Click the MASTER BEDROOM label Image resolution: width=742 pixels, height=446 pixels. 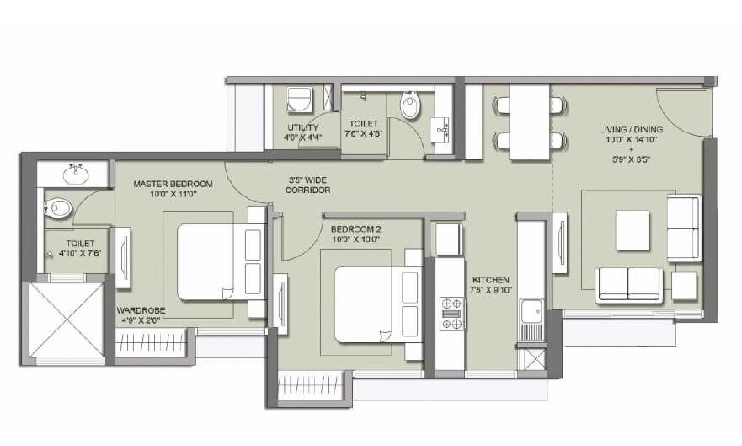click(173, 183)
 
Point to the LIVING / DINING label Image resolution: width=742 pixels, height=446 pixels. click(631, 129)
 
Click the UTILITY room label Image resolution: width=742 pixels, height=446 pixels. click(302, 127)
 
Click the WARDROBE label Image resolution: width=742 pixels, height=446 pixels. click(140, 310)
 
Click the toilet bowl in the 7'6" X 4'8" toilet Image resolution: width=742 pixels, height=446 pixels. click(410, 105)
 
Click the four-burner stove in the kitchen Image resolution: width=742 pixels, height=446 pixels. click(452, 314)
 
